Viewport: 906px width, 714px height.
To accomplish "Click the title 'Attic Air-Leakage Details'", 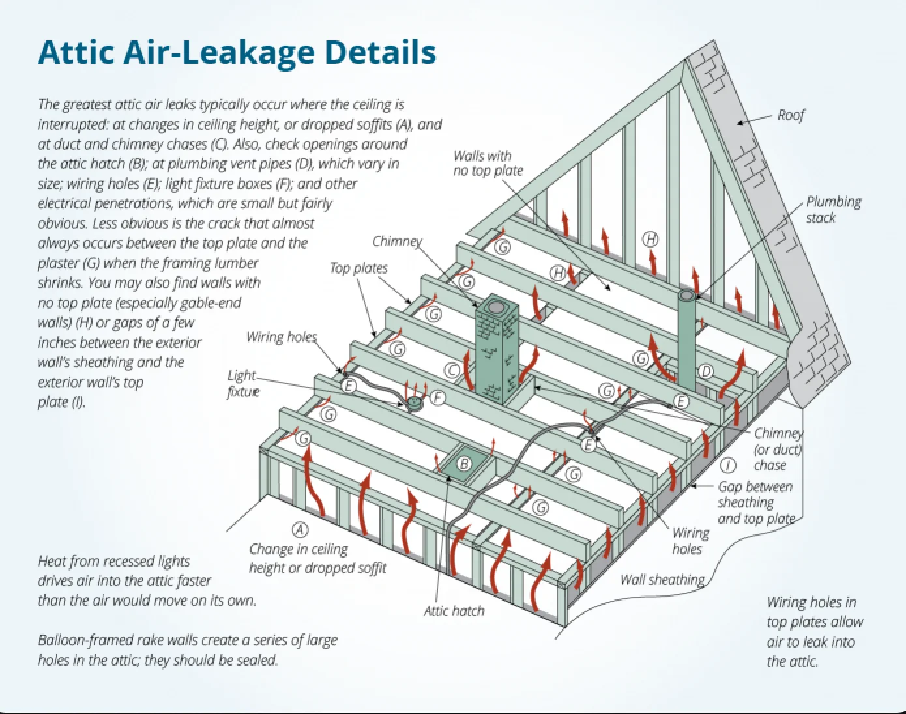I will [237, 53].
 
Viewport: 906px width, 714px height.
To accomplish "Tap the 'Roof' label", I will [791, 115].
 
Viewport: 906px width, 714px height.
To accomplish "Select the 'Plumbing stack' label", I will [833, 209].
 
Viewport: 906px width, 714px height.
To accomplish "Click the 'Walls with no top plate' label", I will [488, 163].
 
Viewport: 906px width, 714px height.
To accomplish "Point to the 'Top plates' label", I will [358, 268].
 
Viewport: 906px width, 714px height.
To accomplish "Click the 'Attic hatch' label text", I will [454, 611].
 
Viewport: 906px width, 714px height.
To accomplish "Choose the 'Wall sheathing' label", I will [662, 579].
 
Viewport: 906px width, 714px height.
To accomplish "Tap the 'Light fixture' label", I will [242, 383].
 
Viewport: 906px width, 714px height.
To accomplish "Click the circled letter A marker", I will [299, 529].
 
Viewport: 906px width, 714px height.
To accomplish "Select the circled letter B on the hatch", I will [464, 464].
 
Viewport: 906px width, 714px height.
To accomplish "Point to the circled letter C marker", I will [452, 370].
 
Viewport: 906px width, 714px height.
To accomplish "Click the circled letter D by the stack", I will [705, 371].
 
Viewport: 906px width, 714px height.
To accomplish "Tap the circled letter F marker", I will [437, 397].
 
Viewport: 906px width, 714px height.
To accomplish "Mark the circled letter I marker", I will [727, 465].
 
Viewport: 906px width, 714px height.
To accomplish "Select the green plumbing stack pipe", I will [686, 339].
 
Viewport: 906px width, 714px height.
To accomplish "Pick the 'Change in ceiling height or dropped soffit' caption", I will [317, 558].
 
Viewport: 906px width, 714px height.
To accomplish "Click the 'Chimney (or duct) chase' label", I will [778, 449].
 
